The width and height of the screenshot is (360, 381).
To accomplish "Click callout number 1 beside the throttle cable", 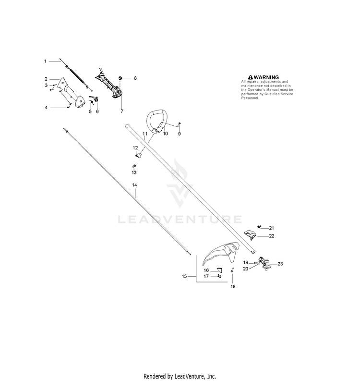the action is point(45,61).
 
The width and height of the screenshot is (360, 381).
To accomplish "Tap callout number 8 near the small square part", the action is point(135,78).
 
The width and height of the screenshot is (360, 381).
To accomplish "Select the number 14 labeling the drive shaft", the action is point(134,185).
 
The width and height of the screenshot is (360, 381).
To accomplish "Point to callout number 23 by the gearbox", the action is point(280,264).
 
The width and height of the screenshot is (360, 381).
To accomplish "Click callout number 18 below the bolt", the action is point(233,287).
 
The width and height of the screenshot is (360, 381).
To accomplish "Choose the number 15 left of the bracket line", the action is point(184,276).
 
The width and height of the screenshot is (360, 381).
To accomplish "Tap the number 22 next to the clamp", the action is point(271,236).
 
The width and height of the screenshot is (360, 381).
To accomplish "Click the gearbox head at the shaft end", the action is point(264,263).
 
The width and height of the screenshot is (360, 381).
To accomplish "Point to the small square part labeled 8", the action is point(120,78).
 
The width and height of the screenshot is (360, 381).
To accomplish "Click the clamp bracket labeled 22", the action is point(250,234).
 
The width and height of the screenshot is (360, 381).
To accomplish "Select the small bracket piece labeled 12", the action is point(138,155).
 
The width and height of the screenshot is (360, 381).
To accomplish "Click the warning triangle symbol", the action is point(251,77).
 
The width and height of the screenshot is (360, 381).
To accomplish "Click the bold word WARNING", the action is point(266,77).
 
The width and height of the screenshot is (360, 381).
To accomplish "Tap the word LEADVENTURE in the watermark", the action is point(180,220).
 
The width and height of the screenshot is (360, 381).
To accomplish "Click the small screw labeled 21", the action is point(259,227).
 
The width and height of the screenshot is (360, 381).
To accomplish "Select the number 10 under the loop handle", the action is point(165,134).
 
